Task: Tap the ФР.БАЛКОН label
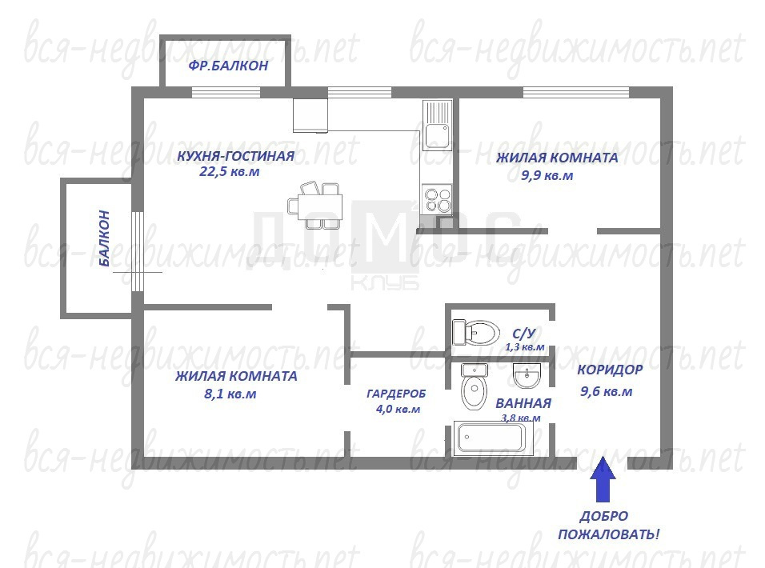click(228, 66)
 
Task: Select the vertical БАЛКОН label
click(104, 238)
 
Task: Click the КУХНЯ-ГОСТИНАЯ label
click(235, 156)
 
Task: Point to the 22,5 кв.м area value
click(230, 172)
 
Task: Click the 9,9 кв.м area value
click(547, 175)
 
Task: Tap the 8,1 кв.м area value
click(230, 394)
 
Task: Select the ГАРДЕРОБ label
click(396, 394)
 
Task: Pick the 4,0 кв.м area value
click(399, 409)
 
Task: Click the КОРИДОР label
click(610, 370)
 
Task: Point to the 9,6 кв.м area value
click(607, 391)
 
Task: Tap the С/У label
click(524, 334)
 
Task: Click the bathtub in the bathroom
click(493, 438)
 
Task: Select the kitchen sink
click(437, 126)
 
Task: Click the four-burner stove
click(437, 199)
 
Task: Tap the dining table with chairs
click(314, 206)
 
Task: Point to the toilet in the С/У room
click(475, 333)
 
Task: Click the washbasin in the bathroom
click(527, 376)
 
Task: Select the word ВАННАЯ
click(523, 403)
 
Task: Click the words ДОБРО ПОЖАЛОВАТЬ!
click(608, 525)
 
